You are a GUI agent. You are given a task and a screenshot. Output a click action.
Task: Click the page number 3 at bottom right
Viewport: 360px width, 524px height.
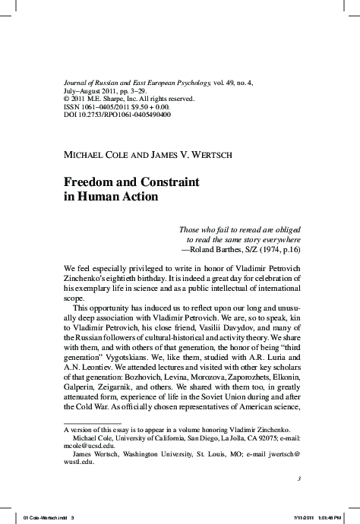click(x=300, y=478)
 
